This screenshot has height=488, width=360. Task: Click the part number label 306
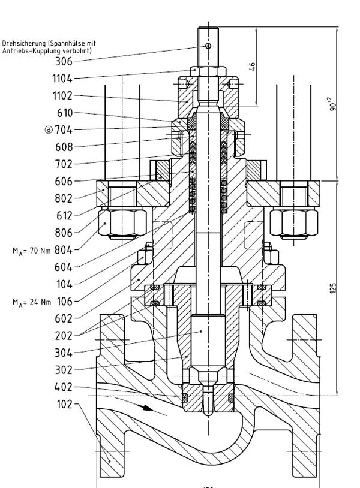click(x=63, y=61)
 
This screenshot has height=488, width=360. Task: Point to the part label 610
click(x=63, y=112)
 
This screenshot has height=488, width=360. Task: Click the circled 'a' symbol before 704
click(x=49, y=129)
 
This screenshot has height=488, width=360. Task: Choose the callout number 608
click(x=63, y=146)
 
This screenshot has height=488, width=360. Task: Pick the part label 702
click(x=63, y=164)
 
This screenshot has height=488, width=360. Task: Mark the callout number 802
click(x=63, y=198)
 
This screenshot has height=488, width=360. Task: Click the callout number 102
click(x=63, y=405)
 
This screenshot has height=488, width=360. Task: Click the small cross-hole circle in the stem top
click(x=208, y=46)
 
